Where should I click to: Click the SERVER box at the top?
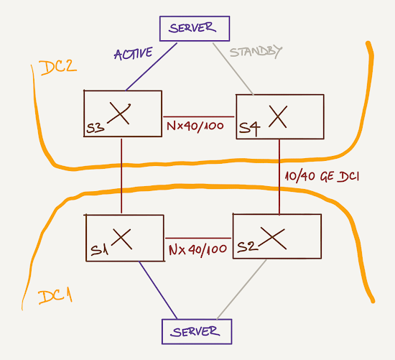click(195, 29)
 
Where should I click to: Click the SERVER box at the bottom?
click(197, 331)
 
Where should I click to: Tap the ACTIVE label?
click(134, 53)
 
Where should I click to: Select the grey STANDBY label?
click(256, 52)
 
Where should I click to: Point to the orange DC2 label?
click(57, 68)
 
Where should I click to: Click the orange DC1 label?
click(55, 297)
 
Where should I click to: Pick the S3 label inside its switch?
click(96, 128)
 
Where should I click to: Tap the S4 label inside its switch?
click(249, 129)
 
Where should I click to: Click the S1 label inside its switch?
click(100, 250)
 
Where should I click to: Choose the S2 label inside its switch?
click(248, 246)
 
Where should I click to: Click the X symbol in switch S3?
click(119, 114)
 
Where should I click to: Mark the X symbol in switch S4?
click(278, 116)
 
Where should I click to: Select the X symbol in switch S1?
click(121, 239)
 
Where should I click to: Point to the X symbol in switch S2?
click(273, 238)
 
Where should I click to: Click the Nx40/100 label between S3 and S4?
click(195, 126)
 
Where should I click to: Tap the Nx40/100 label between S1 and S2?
click(197, 250)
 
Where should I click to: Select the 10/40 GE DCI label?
click(322, 177)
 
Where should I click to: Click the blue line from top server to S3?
click(152, 67)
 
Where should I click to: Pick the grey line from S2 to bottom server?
click(241, 290)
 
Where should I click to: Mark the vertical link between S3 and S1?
click(121, 176)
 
